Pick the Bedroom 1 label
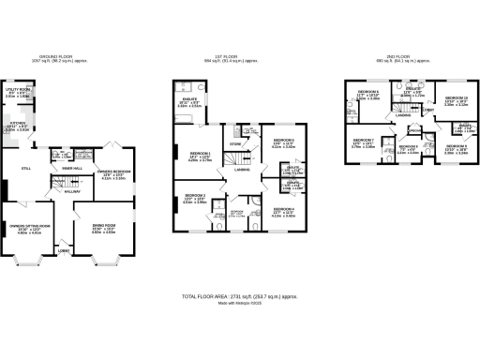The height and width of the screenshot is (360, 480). [x=201, y=156]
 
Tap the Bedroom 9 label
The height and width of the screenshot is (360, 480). [x=455, y=147]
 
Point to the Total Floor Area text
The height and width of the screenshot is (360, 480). [x=240, y=296]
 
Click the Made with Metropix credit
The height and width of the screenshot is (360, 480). [x=239, y=303]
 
